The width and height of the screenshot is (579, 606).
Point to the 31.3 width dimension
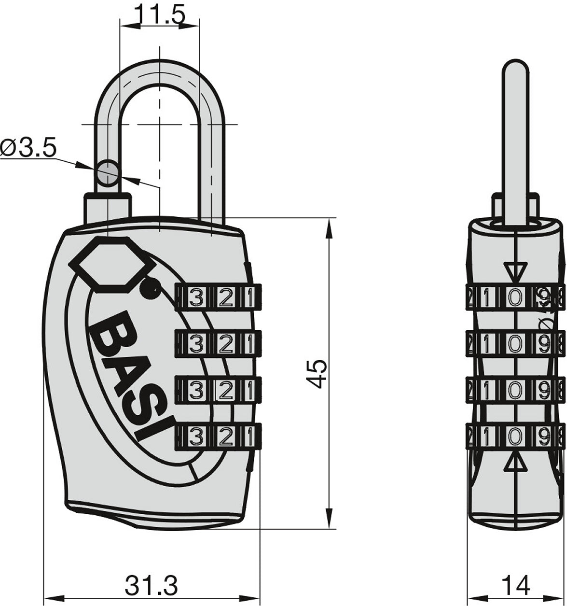(x=152, y=586)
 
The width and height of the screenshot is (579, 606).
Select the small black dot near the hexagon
(x=149, y=289)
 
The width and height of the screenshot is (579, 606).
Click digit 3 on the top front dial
(x=195, y=297)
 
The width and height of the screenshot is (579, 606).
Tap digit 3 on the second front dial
(x=195, y=344)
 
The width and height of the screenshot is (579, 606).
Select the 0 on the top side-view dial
(x=515, y=297)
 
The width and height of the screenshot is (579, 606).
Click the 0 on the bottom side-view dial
(x=515, y=437)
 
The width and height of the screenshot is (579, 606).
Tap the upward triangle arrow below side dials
(x=515, y=464)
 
